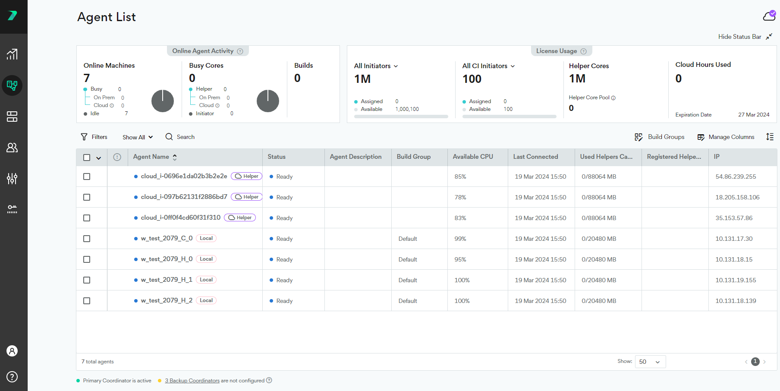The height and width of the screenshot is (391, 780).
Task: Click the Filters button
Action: click(94, 137)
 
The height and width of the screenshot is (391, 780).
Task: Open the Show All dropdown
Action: click(138, 137)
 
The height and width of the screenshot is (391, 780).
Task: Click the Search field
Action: click(180, 137)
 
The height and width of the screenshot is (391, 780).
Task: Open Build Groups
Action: click(660, 137)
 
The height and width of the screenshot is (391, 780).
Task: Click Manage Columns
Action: click(726, 137)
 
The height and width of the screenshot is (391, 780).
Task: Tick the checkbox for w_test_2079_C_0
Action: click(87, 239)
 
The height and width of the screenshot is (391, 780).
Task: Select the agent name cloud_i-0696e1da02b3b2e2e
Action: click(184, 176)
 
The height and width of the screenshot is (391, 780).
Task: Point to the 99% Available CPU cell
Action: click(460, 239)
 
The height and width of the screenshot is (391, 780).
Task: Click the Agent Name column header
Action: click(151, 157)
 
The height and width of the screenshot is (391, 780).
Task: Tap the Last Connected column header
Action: click(535, 157)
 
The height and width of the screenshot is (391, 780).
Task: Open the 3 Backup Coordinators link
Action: click(192, 381)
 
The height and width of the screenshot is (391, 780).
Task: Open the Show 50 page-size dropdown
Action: click(650, 362)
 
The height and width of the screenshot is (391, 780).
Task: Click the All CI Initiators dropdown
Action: click(488, 66)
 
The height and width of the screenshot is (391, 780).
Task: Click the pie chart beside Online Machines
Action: click(163, 101)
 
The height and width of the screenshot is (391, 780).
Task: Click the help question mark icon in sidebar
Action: click(12, 377)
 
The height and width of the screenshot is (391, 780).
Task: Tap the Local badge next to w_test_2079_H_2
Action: click(206, 300)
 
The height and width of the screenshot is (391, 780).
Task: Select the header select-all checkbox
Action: click(87, 158)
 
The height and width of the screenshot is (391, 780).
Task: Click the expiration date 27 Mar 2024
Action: click(754, 115)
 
